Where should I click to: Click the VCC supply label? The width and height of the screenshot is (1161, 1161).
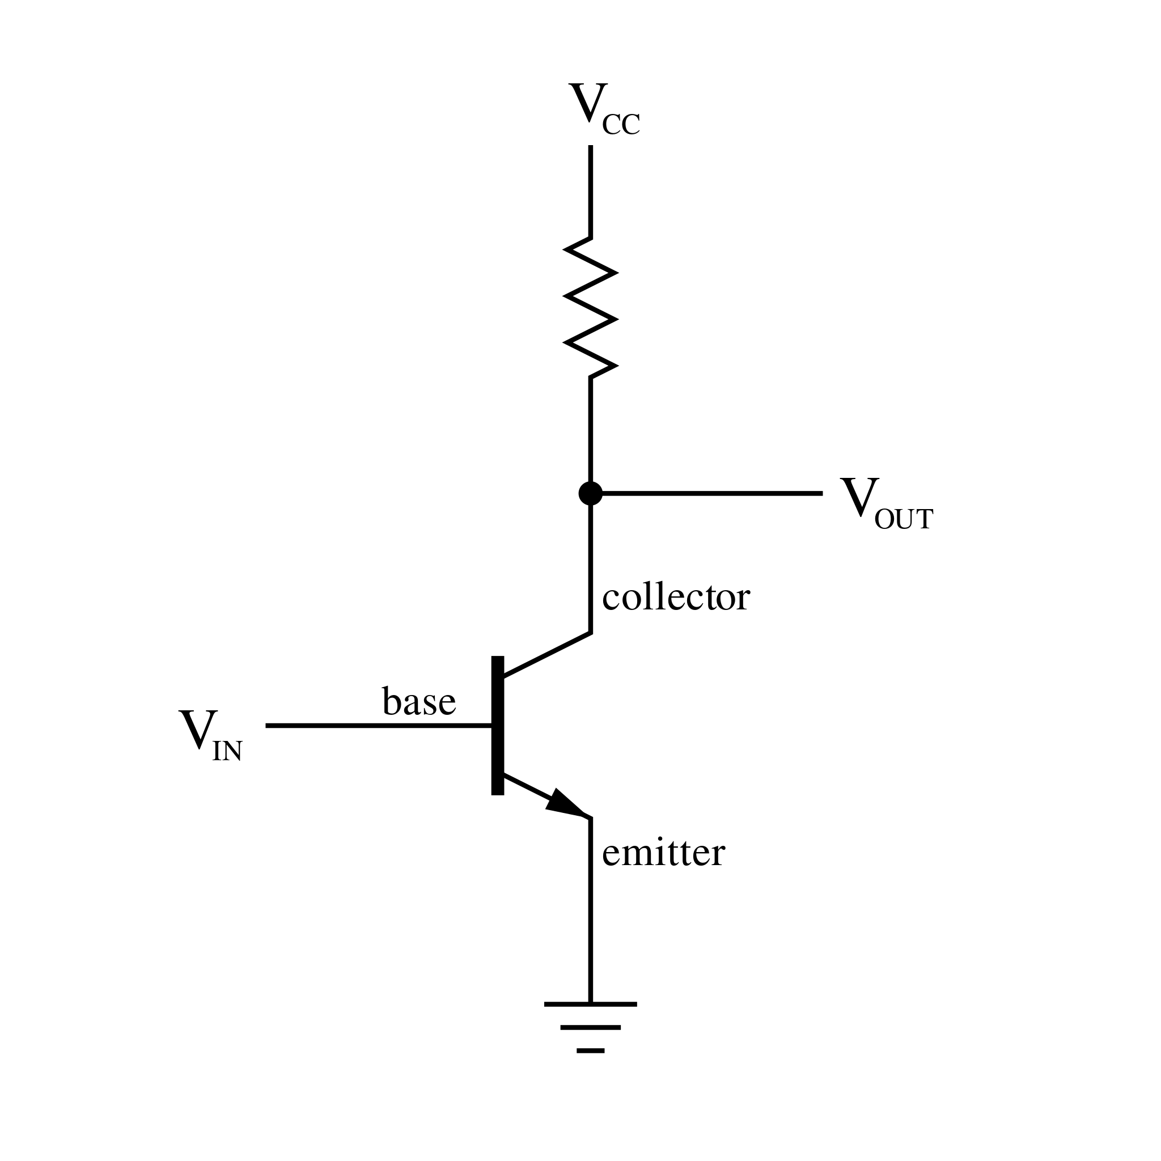point(603,109)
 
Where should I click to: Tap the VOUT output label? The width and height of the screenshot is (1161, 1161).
point(885,505)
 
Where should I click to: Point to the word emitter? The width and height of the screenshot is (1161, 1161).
point(663,853)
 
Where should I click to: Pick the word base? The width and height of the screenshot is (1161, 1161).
point(419,701)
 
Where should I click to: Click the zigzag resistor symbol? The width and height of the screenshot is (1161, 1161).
point(590,308)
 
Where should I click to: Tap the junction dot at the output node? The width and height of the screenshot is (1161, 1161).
point(590,493)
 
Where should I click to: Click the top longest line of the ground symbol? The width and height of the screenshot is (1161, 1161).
point(590,1004)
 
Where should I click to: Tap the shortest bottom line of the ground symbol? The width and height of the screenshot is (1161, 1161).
point(590,1050)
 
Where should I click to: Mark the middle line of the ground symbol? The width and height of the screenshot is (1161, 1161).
point(590,1028)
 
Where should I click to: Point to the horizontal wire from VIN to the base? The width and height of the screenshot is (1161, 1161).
point(379,726)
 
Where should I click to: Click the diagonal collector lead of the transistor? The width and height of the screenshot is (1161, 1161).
point(547,655)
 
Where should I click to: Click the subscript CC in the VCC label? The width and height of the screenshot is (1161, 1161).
point(621,125)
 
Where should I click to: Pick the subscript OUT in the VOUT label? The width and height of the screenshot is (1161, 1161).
point(903,520)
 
